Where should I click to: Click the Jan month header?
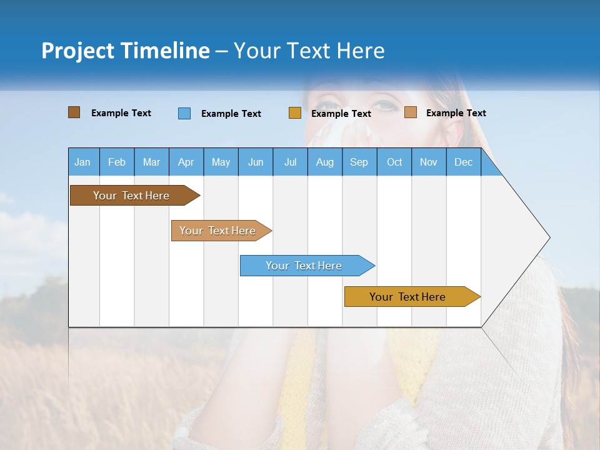[x=82, y=162]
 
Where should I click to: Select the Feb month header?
[x=117, y=162]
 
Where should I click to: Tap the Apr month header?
[x=186, y=162]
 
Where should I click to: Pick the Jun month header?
[x=256, y=162]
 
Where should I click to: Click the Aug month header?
[x=324, y=162]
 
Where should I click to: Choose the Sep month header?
[x=359, y=162]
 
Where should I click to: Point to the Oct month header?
[x=394, y=162]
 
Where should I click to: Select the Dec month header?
[x=463, y=162]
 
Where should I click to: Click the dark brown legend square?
[x=74, y=112]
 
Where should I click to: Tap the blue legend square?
[x=184, y=113]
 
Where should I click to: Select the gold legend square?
[x=295, y=113]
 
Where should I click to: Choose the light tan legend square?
[x=410, y=112]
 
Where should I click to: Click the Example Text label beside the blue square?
[x=231, y=114]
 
